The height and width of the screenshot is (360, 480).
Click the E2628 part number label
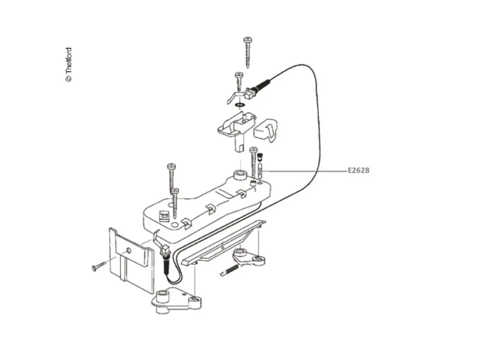[x=358, y=170]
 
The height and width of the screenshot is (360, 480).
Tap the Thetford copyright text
[x=69, y=65]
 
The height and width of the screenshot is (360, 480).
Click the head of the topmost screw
[x=247, y=40]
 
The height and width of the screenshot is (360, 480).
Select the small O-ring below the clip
[x=240, y=105]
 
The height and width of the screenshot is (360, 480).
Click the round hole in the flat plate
[x=129, y=251]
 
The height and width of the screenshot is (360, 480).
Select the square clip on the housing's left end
[x=164, y=215]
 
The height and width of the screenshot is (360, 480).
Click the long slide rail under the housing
[x=224, y=242]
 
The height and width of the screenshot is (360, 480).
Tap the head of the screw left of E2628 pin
[x=253, y=150]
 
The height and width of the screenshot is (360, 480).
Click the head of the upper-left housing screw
[x=171, y=166]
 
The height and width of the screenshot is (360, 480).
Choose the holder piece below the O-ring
[x=236, y=129]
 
